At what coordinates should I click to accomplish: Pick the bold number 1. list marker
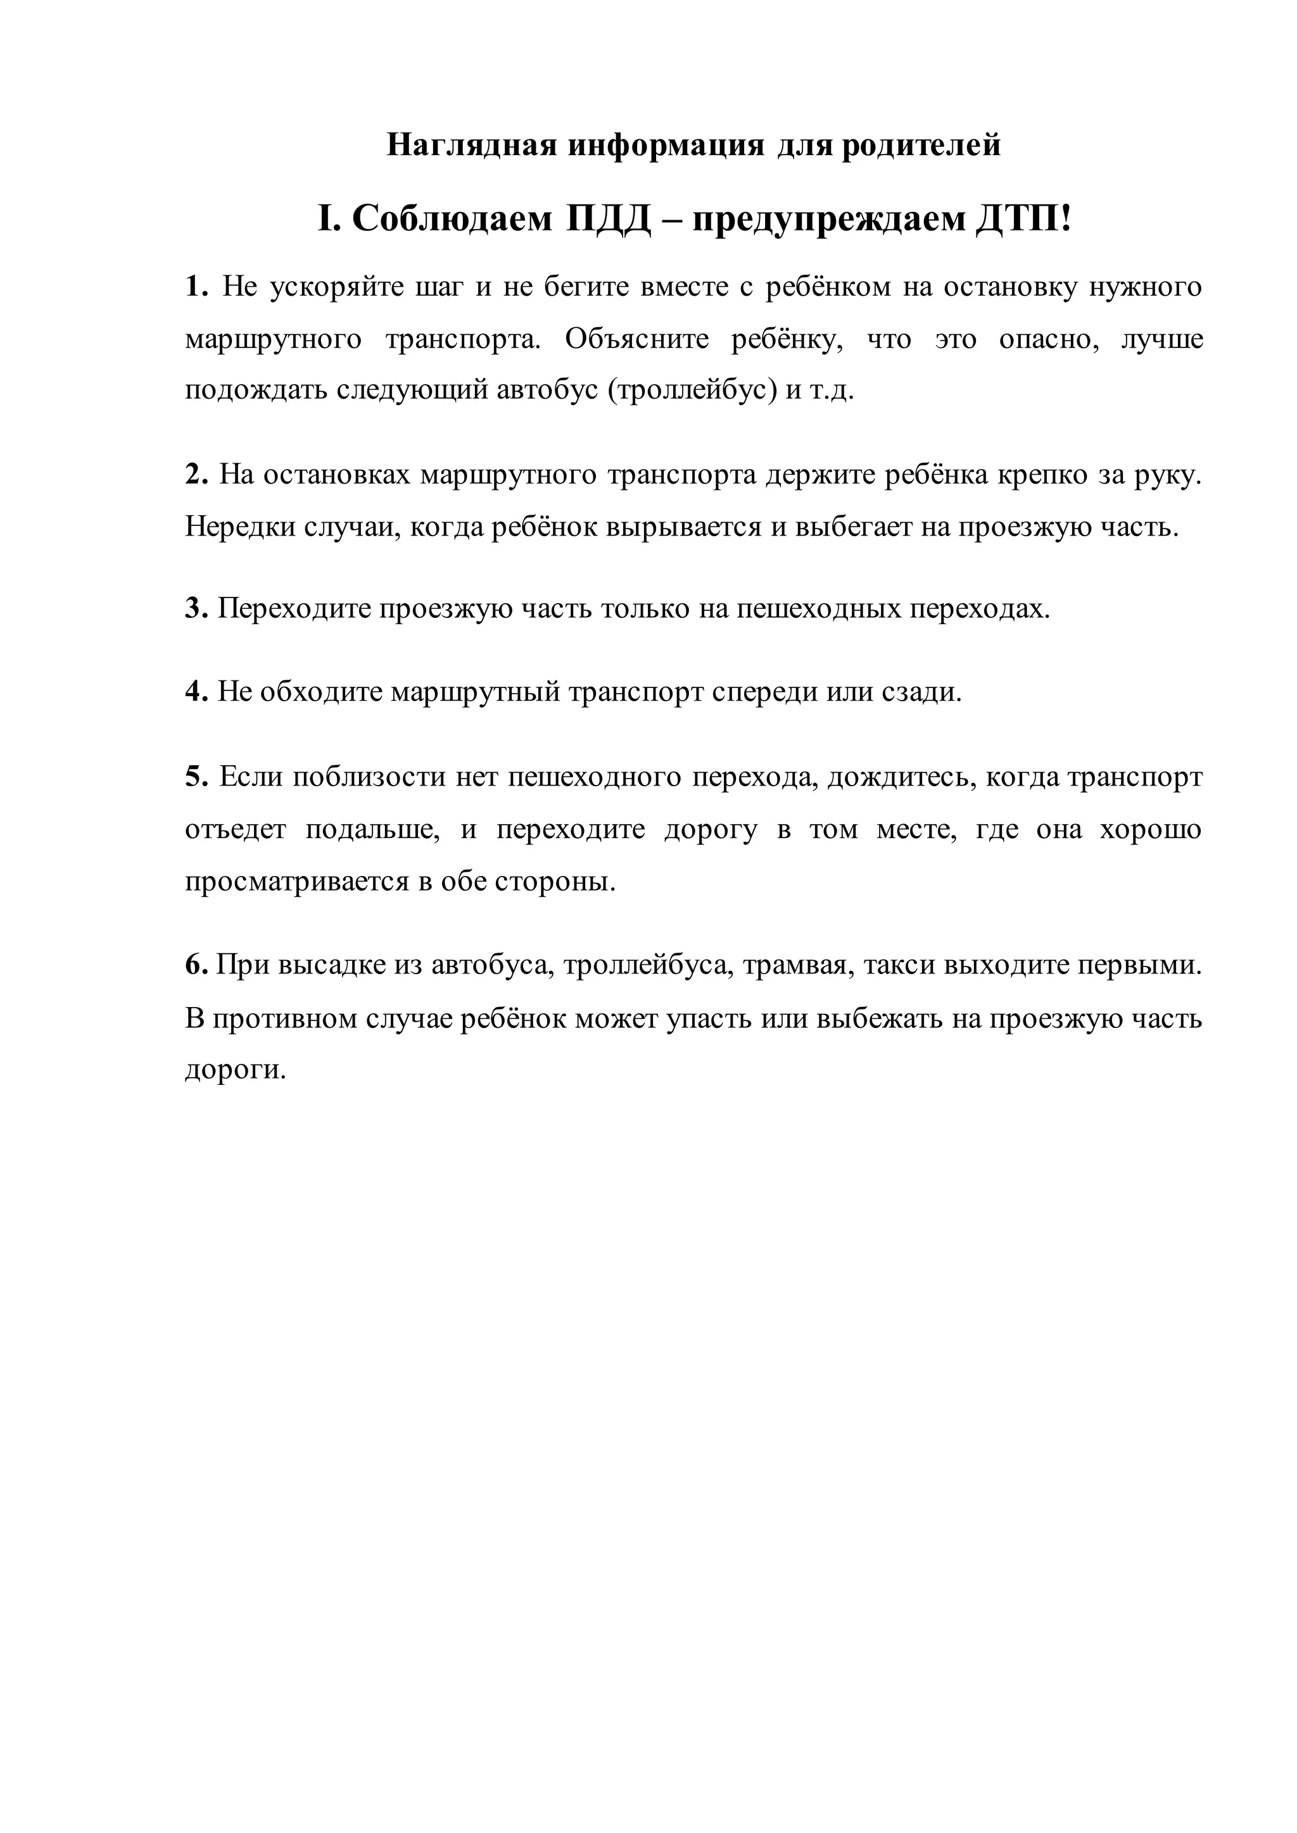[196, 286]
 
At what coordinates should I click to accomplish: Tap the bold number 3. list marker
[196, 608]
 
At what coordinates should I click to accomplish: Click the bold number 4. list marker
[196, 691]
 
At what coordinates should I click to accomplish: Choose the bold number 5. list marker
[196, 776]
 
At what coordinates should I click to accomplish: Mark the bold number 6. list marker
[196, 965]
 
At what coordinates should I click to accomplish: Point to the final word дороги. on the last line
[236, 1070]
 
